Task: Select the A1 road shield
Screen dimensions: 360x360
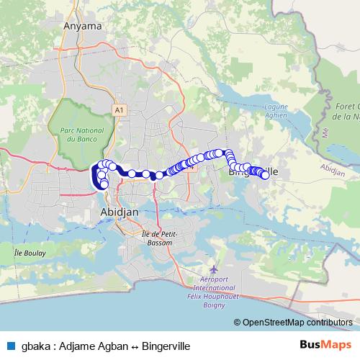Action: pyautogui.click(x=118, y=110)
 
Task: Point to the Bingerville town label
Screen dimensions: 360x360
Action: pyautogui.click(x=252, y=171)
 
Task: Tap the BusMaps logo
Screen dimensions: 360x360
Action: pyautogui.click(x=325, y=344)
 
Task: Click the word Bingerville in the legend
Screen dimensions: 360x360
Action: pyautogui.click(x=166, y=346)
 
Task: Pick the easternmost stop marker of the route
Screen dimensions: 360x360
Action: pyautogui.click(x=265, y=175)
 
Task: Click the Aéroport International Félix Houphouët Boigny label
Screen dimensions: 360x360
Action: pyautogui.click(x=228, y=283)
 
